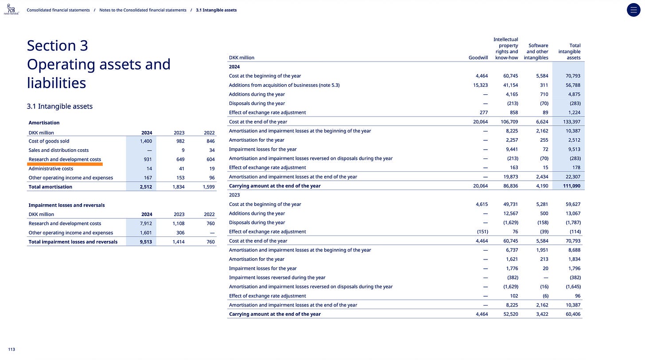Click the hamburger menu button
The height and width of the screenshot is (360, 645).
point(633,10)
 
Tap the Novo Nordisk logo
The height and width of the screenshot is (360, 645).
point(12,8)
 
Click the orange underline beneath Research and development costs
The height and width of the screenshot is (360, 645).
point(66,164)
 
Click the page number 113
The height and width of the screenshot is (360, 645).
point(12,349)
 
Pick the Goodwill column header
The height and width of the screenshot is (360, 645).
point(478,58)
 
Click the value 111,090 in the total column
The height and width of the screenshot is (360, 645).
point(571,186)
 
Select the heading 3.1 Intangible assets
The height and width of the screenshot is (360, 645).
point(60,106)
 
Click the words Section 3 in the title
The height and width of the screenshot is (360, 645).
point(58,46)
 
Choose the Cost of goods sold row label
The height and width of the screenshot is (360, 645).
point(49,141)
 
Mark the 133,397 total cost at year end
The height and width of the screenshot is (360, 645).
point(571,122)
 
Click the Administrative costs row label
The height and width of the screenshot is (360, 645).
point(51,169)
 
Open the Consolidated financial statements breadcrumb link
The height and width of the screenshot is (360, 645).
point(58,10)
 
